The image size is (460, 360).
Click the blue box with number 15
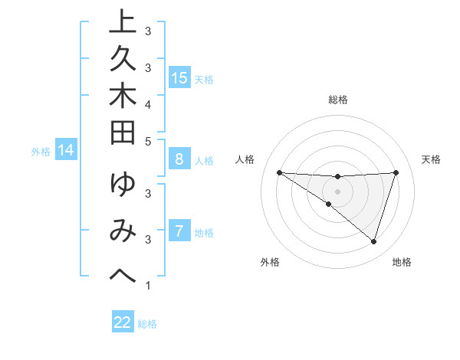(179, 77)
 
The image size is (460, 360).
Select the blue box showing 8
(179, 159)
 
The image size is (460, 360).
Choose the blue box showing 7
(179, 231)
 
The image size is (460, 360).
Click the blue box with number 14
(67, 150)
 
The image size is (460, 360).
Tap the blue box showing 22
(123, 322)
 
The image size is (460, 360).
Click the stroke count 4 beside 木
(147, 103)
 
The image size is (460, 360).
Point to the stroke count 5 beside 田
(147, 142)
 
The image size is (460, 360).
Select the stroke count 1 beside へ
(147, 286)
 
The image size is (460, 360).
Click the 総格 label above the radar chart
(338, 100)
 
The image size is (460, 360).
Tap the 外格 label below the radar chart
(270, 262)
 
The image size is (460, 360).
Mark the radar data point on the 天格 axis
(396, 172)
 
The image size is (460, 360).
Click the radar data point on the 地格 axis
(373, 241)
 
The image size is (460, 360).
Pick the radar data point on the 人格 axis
(279, 172)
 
